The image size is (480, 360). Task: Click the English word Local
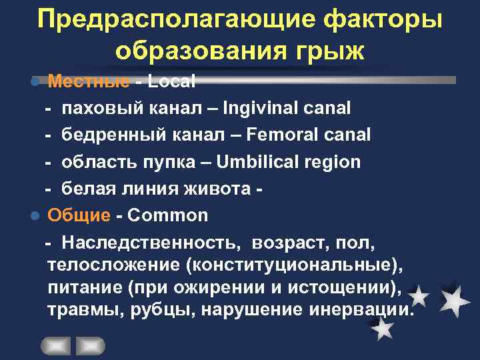[171, 81]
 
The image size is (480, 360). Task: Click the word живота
[220, 189]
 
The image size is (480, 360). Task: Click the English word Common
[167, 215]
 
